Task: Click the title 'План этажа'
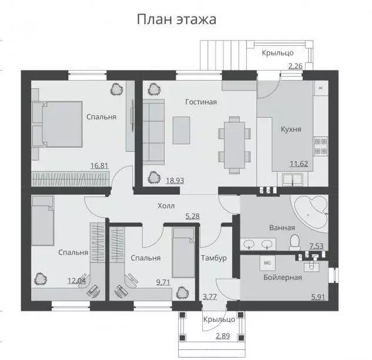[x=176, y=19]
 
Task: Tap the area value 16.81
[x=99, y=166]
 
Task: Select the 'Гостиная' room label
[x=201, y=102]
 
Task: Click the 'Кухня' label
[x=290, y=129]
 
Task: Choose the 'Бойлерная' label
[x=283, y=277]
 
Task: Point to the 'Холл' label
[x=166, y=206]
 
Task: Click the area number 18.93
[x=175, y=181]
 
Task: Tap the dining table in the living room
[x=233, y=145]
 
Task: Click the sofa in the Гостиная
[x=154, y=131]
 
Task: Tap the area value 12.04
[x=76, y=281]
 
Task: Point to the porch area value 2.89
[x=222, y=336]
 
